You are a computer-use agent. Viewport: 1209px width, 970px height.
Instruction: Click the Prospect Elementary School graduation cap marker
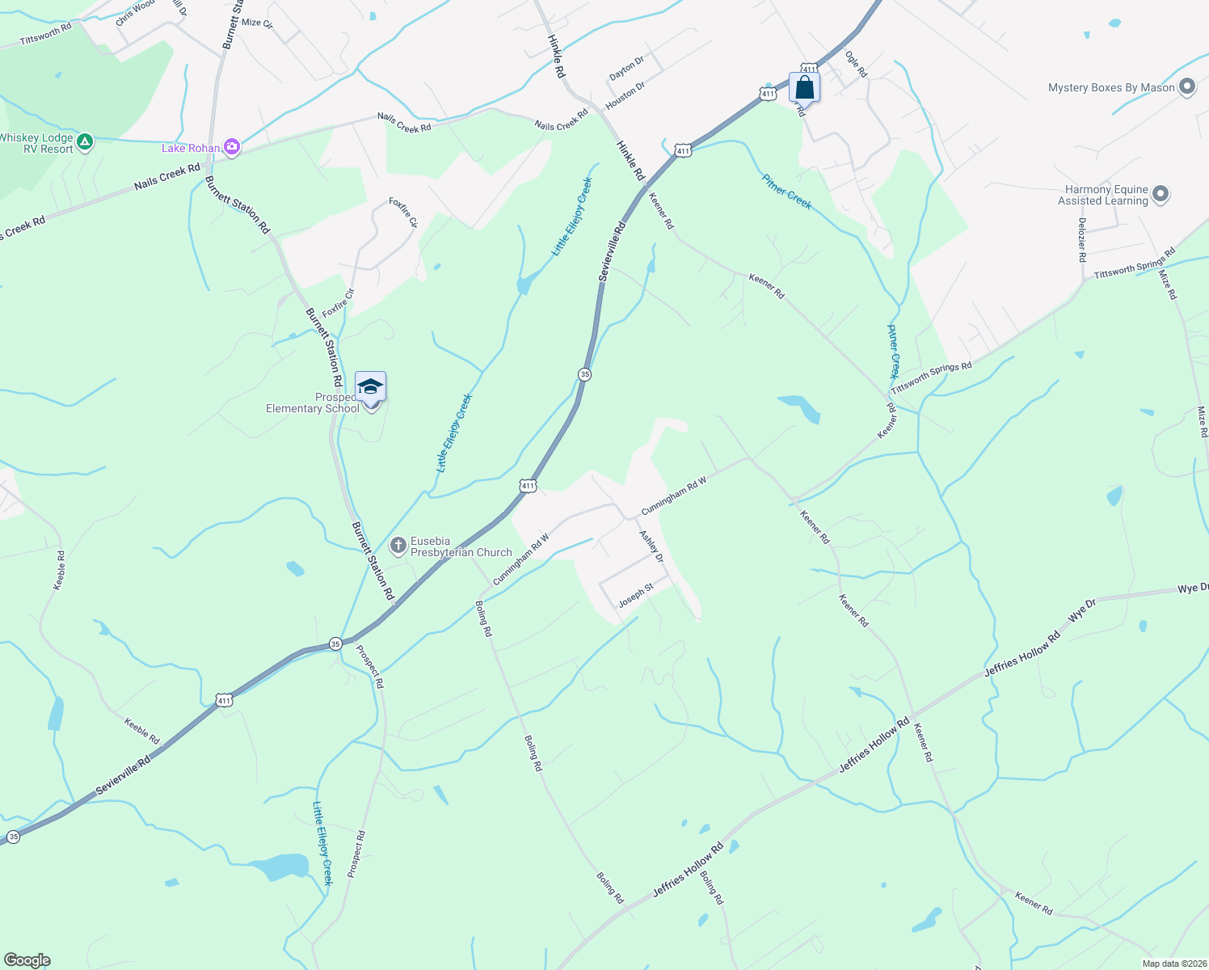pyautogui.click(x=370, y=387)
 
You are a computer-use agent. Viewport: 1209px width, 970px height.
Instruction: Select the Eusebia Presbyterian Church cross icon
pyautogui.click(x=398, y=546)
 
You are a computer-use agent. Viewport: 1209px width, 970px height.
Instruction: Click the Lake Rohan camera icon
pyautogui.click(x=233, y=147)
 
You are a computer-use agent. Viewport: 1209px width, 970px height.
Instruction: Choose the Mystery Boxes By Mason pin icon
pyautogui.click(x=1187, y=87)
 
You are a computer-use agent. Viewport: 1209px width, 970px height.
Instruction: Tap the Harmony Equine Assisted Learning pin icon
pyautogui.click(x=1161, y=195)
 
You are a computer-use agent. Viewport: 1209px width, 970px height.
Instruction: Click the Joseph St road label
pyautogui.click(x=636, y=597)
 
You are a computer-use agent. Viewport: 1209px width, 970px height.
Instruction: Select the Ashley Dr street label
pyautogui.click(x=651, y=546)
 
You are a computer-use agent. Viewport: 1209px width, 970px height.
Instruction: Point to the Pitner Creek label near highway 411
pyautogui.click(x=786, y=191)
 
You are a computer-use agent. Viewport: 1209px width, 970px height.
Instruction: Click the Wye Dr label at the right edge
pyautogui.click(x=1192, y=588)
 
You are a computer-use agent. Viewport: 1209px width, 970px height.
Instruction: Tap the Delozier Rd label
pyautogui.click(x=1082, y=239)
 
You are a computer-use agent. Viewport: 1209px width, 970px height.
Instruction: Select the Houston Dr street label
pyautogui.click(x=626, y=95)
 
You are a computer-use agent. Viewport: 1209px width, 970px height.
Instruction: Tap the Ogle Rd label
pyautogui.click(x=856, y=64)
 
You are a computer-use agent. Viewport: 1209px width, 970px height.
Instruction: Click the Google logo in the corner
pyautogui.click(x=27, y=960)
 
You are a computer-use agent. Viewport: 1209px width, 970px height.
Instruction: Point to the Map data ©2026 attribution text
pyautogui.click(x=1173, y=964)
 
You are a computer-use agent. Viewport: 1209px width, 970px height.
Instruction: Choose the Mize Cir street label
pyautogui.click(x=257, y=23)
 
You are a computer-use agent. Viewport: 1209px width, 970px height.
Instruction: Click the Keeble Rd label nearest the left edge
pyautogui.click(x=59, y=570)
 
